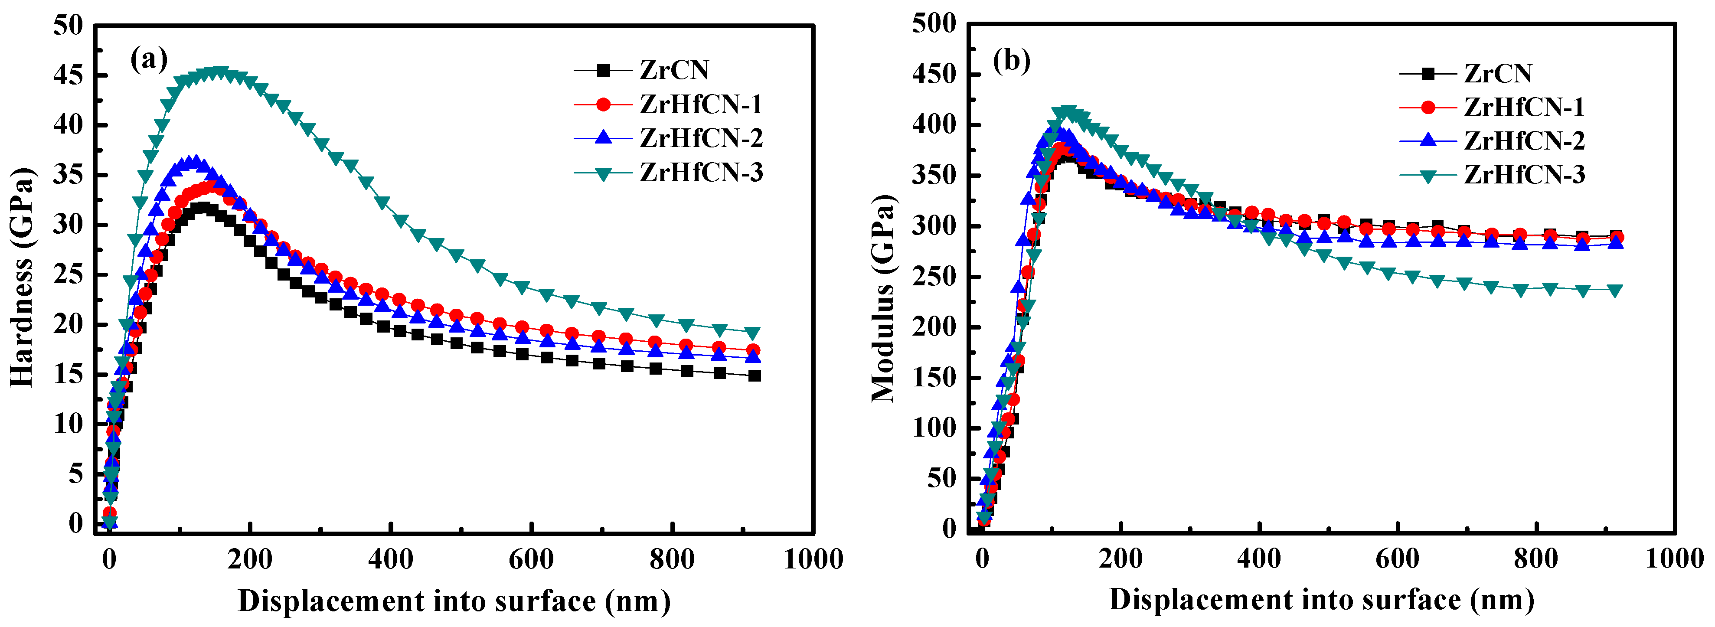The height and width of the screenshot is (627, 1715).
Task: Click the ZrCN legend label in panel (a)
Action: click(x=674, y=70)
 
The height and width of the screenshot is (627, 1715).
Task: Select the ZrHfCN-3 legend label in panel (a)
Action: click(x=701, y=173)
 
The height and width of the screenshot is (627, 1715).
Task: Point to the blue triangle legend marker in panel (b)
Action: click(x=1428, y=140)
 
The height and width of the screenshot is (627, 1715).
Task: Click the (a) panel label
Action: click(x=148, y=59)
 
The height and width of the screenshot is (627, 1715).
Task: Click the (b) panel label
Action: click(x=1011, y=61)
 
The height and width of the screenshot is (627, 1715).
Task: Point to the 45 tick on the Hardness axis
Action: click(x=69, y=75)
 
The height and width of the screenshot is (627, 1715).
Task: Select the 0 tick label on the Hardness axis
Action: click(x=76, y=523)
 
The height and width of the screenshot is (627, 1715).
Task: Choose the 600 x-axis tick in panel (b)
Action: click(x=1397, y=558)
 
